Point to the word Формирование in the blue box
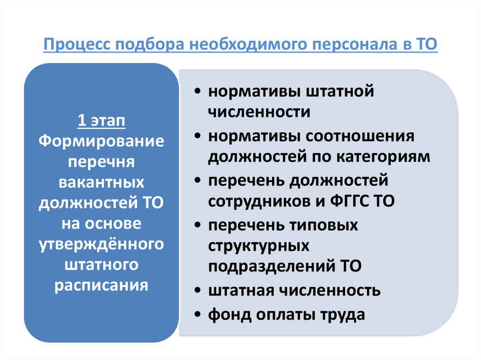click(x=101, y=142)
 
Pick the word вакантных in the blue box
click(x=101, y=183)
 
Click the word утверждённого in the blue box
click(x=101, y=245)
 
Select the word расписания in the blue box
click(x=101, y=285)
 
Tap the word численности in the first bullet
click(x=259, y=113)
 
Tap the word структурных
click(x=259, y=245)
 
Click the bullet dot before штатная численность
click(x=200, y=291)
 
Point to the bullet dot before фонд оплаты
click(x=200, y=315)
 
